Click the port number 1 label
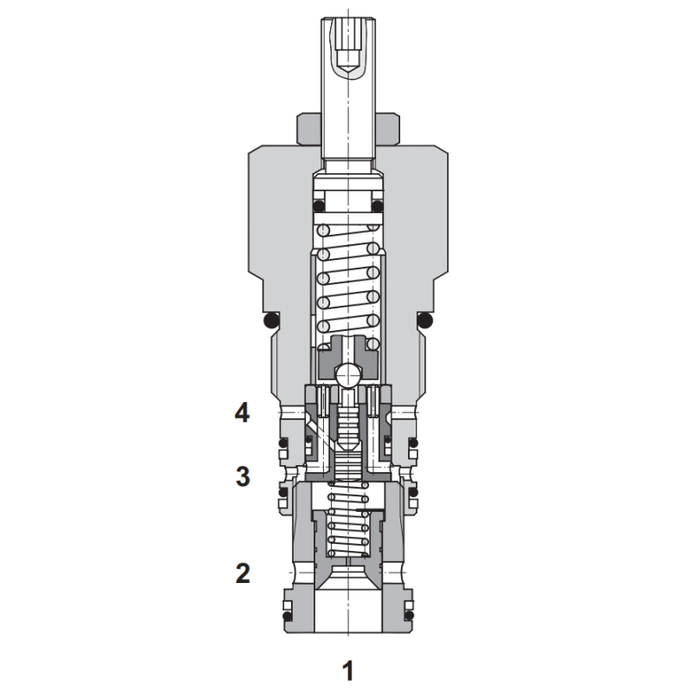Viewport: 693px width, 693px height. click(x=348, y=670)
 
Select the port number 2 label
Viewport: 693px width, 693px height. click(x=243, y=573)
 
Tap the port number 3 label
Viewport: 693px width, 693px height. click(x=243, y=476)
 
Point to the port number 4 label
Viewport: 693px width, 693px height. click(x=242, y=414)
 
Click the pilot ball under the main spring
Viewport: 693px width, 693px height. click(x=347, y=376)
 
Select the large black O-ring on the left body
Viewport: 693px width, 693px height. click(x=271, y=321)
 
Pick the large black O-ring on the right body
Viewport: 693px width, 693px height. click(x=425, y=321)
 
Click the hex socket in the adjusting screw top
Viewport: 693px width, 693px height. click(x=348, y=60)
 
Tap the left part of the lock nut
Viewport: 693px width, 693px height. click(x=309, y=129)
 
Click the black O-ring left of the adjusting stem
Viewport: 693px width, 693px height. click(x=319, y=206)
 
